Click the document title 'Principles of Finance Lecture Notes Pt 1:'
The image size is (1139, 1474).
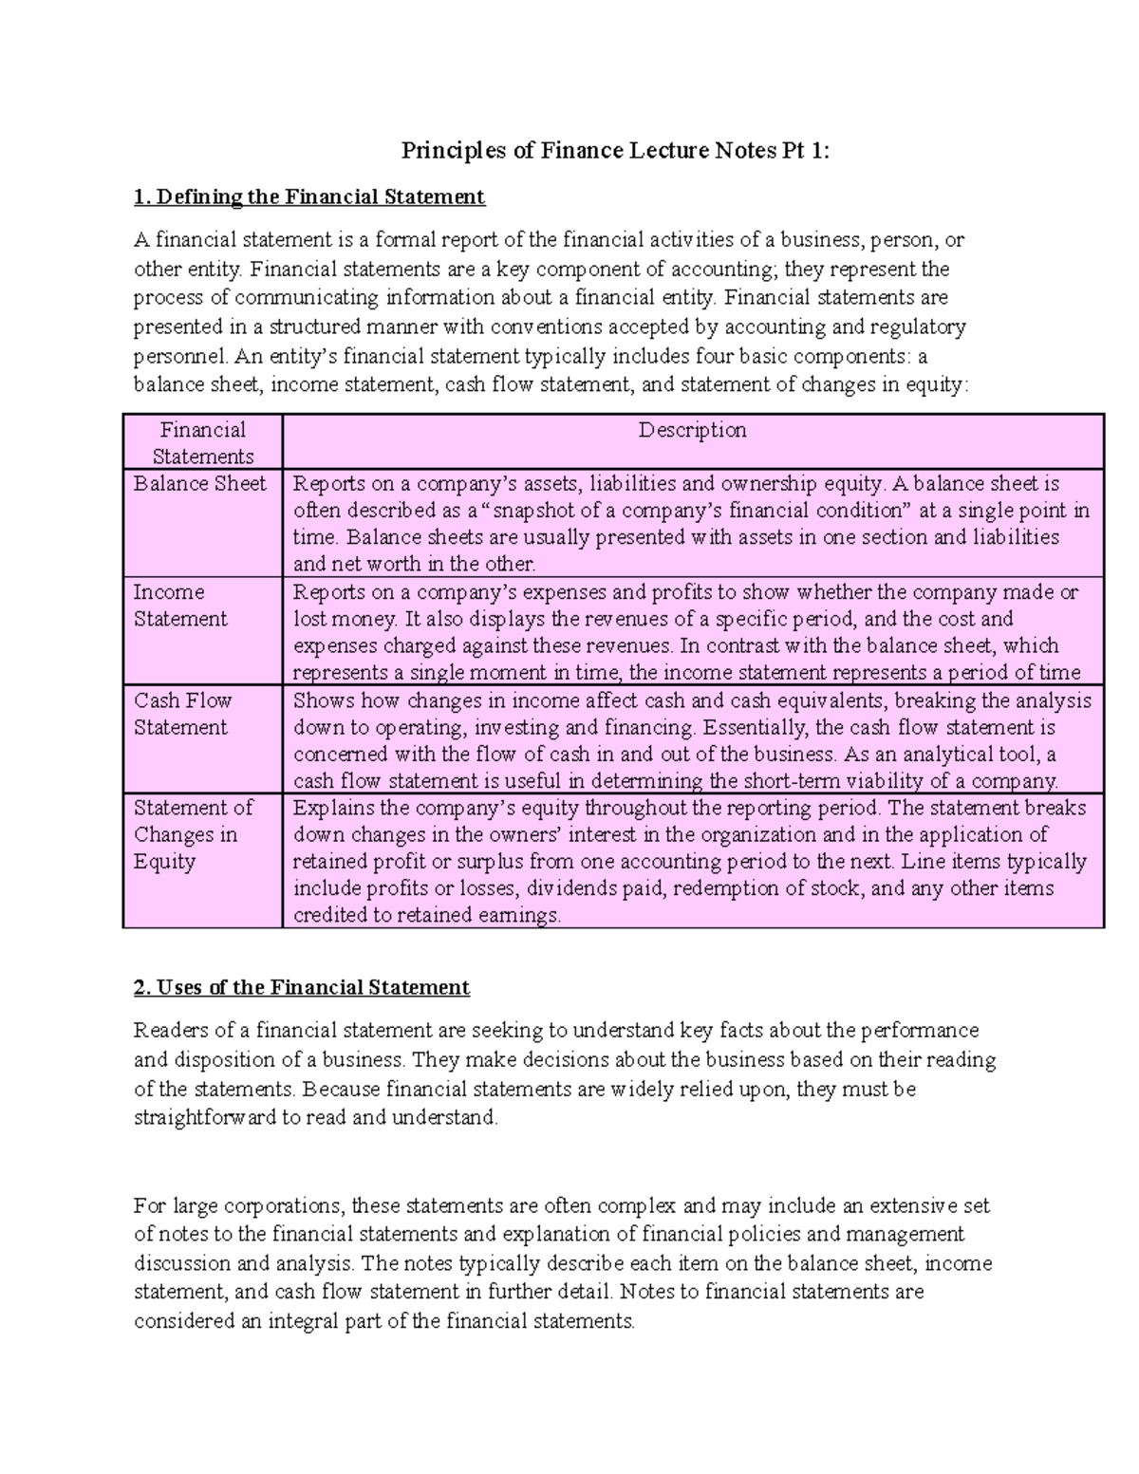[x=615, y=151]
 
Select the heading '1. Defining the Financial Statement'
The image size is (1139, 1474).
[x=309, y=197]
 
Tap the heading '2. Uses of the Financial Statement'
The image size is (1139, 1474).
[x=302, y=987]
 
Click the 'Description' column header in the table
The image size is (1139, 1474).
[x=692, y=430]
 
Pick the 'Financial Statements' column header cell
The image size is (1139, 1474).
[x=202, y=442]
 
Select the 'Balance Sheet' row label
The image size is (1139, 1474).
[x=200, y=484]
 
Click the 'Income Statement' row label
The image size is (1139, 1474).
[x=180, y=606]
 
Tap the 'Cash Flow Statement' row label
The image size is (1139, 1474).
[x=182, y=714]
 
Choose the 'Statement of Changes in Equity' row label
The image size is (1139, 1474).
[x=193, y=834]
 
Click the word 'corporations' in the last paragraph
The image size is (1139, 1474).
[x=286, y=1206]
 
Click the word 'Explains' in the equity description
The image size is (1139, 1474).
[x=333, y=809]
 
